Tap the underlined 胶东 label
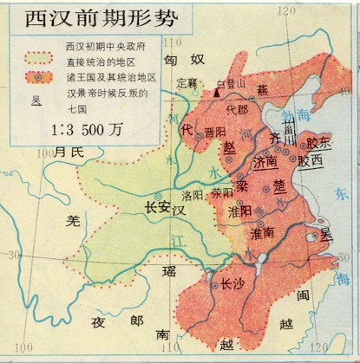(x=318, y=143)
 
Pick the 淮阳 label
(x=239, y=211)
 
